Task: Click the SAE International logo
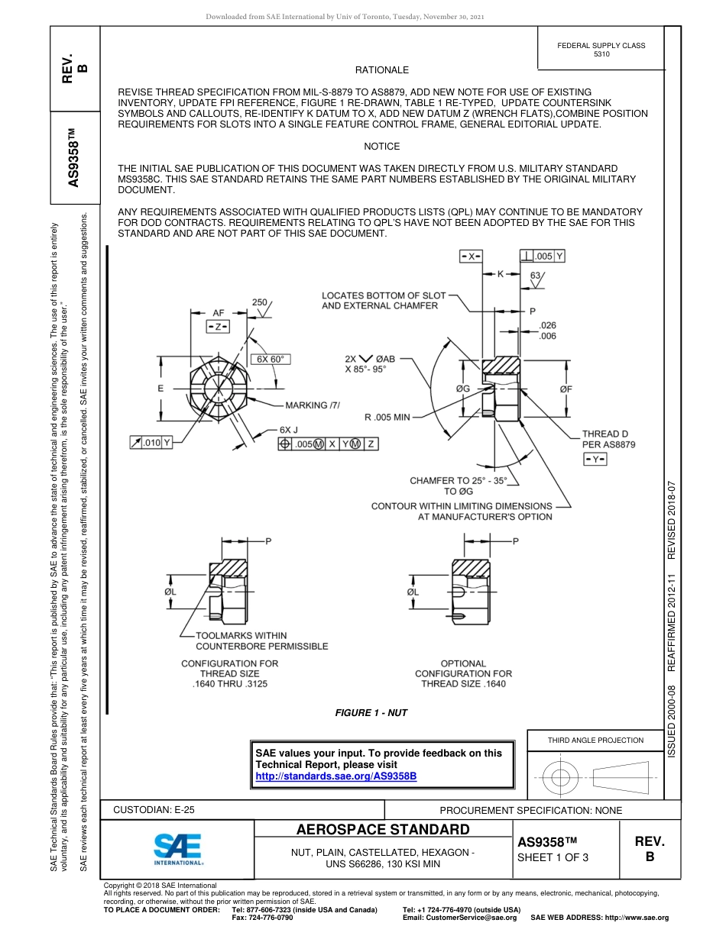pos(178,848)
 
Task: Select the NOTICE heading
pos(381,146)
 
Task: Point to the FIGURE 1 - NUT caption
pos(371,712)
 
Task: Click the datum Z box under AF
pos(218,326)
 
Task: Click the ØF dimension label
pos(566,389)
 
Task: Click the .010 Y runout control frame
pos(151,442)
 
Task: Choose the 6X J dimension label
pos(288,430)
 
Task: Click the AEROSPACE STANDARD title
pos(382,830)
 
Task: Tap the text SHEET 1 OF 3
pos(553,857)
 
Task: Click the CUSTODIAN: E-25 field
pos(154,810)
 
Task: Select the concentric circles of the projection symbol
pos(561,777)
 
